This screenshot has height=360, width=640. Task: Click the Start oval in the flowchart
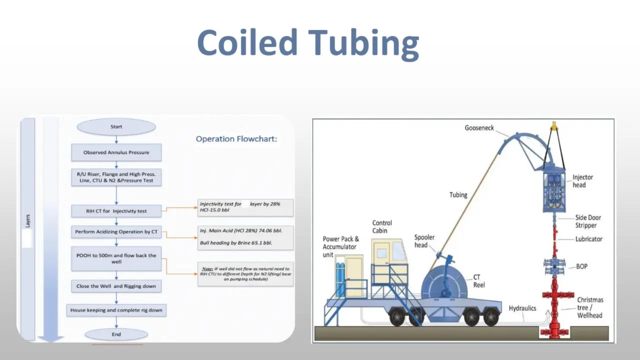tap(116, 127)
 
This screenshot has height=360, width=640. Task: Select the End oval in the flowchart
tap(116, 334)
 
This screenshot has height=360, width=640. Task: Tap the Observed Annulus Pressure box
tap(116, 152)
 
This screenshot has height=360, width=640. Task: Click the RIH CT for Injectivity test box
tap(116, 211)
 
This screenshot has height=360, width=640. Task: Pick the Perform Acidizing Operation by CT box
tap(116, 232)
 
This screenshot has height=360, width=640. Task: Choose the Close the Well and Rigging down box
tap(116, 286)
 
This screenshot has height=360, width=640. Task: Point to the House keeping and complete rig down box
tap(116, 310)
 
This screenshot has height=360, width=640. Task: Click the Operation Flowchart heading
tap(236, 139)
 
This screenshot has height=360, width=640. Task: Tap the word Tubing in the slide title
tap(363, 43)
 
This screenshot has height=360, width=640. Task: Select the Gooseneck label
tap(479, 128)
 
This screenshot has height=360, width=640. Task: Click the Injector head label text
tap(583, 181)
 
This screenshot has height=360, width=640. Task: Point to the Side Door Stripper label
tap(588, 221)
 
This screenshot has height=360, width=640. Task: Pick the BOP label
tap(582, 267)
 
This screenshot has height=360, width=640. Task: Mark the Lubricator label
tap(589, 239)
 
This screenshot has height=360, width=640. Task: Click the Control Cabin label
tap(382, 227)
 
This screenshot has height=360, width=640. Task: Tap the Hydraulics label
tap(522, 308)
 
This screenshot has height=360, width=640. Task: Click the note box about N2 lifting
tap(246, 274)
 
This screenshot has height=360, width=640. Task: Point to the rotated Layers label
tap(28, 221)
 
